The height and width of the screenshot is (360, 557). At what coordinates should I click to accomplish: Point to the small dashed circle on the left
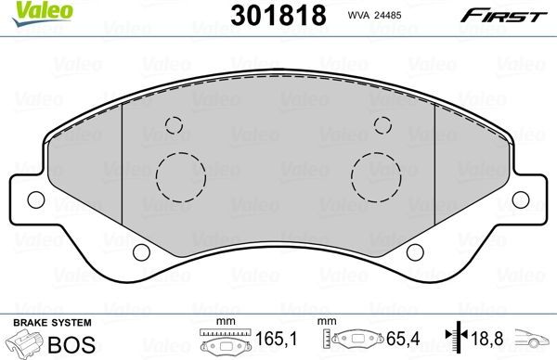[172, 126]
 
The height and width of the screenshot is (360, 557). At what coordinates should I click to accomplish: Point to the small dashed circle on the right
[381, 126]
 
